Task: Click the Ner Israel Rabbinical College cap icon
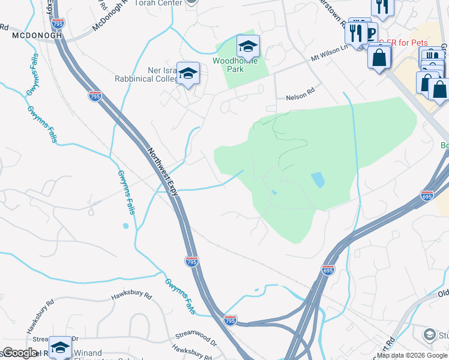click(188, 72)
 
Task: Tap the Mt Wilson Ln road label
click(329, 56)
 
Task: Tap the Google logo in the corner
click(20, 353)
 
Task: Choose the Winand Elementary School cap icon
click(60, 348)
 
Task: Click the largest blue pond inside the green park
click(318, 179)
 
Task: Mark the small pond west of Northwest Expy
click(125, 226)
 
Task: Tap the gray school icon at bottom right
click(430, 334)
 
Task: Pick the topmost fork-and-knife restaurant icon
click(381, 7)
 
